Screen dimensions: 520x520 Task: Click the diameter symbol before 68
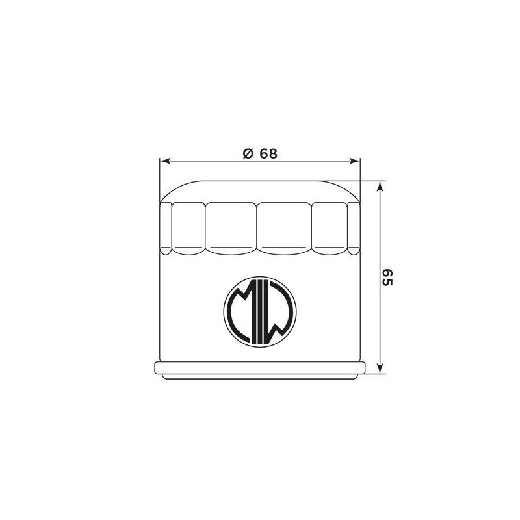[x=248, y=153]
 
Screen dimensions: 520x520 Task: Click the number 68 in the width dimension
[x=268, y=153]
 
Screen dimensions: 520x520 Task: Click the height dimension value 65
[x=387, y=278]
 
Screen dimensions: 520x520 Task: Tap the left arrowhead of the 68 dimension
[x=165, y=161]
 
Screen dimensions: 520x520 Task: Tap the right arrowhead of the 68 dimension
[x=355, y=161]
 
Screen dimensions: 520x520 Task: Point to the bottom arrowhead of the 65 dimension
[x=381, y=368]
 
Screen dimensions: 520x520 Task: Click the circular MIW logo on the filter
[x=260, y=312]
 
